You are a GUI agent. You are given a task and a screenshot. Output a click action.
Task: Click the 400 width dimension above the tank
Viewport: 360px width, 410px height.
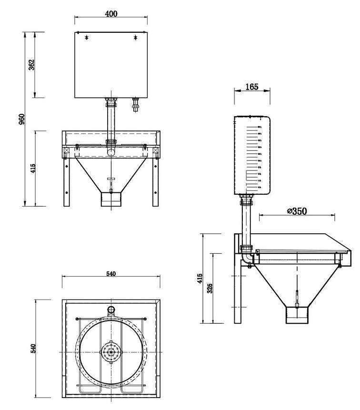point(111,14)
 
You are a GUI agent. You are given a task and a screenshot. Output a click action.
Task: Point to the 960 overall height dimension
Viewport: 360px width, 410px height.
point(20,119)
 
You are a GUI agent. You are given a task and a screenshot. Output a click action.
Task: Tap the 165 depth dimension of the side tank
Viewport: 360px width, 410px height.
point(252,87)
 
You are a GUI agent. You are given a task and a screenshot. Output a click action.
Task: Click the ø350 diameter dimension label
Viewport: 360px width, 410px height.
point(297,211)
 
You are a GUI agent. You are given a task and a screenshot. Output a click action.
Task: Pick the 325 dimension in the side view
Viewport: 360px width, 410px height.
point(210,288)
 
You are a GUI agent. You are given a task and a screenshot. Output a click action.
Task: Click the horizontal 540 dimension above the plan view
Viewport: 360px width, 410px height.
point(110,273)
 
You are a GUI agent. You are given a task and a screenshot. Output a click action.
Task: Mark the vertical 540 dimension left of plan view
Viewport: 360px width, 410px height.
point(32,349)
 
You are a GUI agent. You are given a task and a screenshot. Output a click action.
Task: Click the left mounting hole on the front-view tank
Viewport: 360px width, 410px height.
point(86,37)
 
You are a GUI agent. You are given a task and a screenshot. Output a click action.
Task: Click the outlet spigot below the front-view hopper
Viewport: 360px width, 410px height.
point(111,199)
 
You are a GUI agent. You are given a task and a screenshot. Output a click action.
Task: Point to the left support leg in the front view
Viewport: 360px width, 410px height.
point(67,181)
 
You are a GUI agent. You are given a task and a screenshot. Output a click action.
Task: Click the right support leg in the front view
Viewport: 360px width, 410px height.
point(155,181)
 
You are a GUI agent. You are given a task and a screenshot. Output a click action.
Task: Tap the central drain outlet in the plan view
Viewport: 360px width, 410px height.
point(111,351)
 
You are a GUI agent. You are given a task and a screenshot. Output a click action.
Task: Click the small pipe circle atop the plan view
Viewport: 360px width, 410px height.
point(111,310)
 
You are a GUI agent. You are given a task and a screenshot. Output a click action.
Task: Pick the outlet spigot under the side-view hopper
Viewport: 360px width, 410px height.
point(297,314)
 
